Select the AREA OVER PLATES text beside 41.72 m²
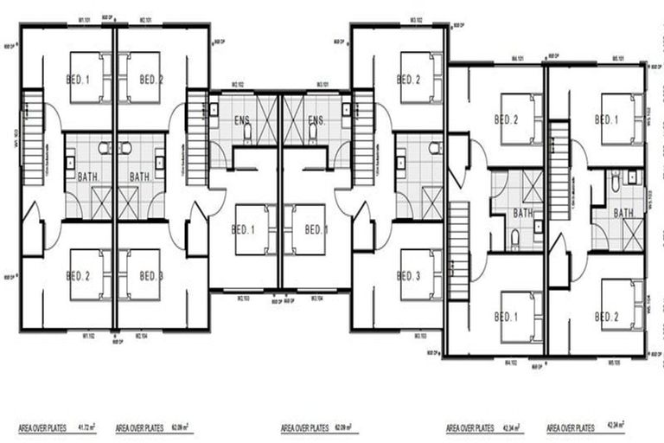coord(41,427)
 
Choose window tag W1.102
coord(86,335)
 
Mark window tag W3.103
coord(420,335)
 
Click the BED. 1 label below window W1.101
coord(79,79)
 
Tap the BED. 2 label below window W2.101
coord(151,79)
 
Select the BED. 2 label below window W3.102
coord(409,79)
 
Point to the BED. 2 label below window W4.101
coord(506,119)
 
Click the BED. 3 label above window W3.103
coord(409,276)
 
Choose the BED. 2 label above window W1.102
coord(79,276)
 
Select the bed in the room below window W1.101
coord(88,78)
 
